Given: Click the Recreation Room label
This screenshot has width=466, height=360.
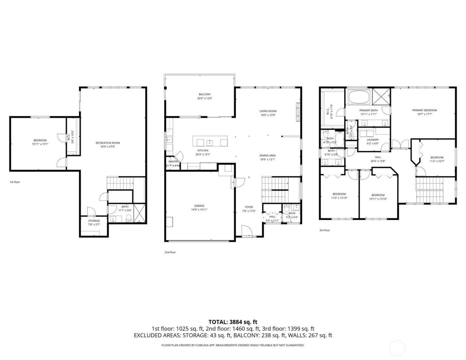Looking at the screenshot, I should point(108,143).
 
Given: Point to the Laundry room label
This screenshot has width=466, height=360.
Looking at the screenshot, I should point(373,140).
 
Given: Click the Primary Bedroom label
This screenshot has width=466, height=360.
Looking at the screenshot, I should point(424,110).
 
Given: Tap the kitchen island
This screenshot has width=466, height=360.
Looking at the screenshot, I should point(210,141).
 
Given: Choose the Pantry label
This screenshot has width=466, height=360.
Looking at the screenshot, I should point(173,162).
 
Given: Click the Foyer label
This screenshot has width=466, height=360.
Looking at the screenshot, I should point(249,207).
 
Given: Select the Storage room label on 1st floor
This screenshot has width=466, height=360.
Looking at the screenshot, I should point(94,221).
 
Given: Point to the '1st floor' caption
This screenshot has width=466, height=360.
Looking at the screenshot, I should point(15,182).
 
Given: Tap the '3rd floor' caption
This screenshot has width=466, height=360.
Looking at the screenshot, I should point(324,230).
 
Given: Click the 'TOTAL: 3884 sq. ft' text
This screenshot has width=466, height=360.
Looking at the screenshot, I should point(233,322).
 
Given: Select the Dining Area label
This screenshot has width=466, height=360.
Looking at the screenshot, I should point(268,156).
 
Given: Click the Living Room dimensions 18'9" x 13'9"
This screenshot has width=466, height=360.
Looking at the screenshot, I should point(268,115).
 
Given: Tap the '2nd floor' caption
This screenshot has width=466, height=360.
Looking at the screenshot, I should point(170,252).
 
